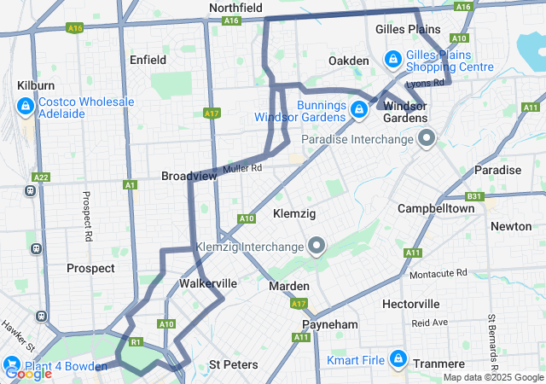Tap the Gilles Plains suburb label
point(408,29)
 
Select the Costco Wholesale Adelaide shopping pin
point(26,107)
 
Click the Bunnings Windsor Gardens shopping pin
point(360,108)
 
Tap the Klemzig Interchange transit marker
point(317,247)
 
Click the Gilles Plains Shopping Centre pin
point(392,59)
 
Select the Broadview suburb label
point(189,175)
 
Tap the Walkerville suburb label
point(207,282)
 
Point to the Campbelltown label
point(436,209)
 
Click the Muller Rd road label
point(242,169)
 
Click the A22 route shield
point(40,177)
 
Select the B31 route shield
point(474,196)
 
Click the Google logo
point(27,373)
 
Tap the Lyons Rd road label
point(426,83)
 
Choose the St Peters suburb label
point(233,364)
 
